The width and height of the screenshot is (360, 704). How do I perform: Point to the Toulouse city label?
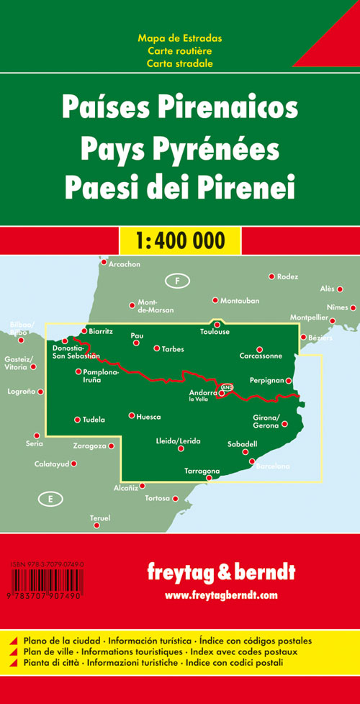tap(215, 332)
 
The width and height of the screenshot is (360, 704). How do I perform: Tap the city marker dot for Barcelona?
tap(252, 461)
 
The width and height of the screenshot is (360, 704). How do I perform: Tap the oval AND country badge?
tap(227, 388)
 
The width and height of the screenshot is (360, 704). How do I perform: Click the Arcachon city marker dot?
tap(104, 263)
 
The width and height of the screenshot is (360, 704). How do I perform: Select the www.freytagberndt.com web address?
tap(220, 595)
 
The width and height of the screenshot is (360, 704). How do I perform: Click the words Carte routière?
tap(180, 50)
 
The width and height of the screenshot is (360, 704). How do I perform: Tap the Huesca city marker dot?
tap(131, 415)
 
